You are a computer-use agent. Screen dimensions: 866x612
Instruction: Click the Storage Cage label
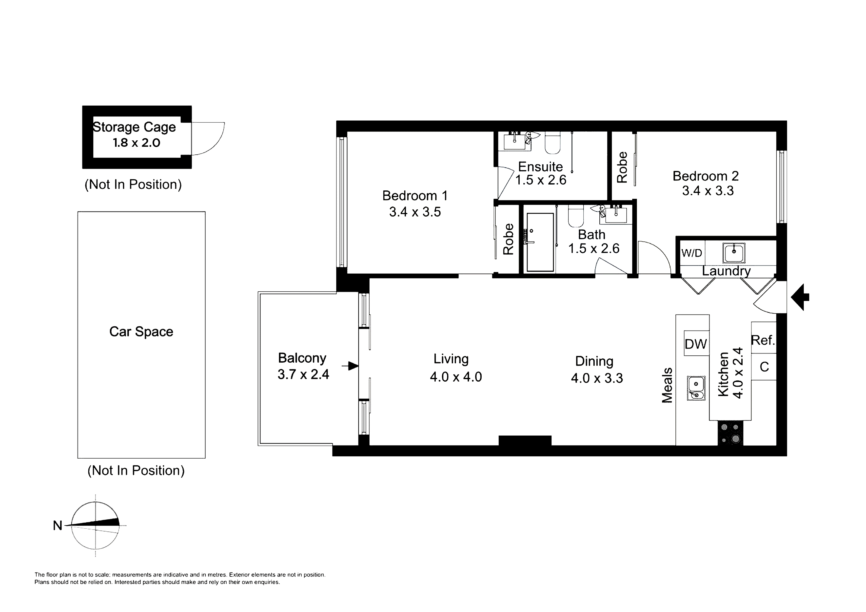click(x=134, y=127)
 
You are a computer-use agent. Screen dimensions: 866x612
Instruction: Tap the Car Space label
click(x=141, y=332)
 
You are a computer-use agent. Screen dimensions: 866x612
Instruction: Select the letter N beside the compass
click(x=57, y=525)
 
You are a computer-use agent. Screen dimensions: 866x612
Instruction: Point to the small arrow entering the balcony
click(x=350, y=366)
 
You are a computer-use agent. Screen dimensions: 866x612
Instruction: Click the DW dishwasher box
click(x=696, y=343)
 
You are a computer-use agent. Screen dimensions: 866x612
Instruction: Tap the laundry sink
click(x=734, y=253)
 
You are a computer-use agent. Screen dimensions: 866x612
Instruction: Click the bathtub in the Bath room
click(x=540, y=242)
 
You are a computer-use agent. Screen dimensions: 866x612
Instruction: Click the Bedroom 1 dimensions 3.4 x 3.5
click(x=415, y=212)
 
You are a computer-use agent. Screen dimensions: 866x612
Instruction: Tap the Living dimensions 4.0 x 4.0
click(x=456, y=377)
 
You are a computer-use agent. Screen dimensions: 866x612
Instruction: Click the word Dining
click(x=594, y=361)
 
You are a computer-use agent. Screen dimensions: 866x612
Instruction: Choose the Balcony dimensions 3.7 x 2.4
click(x=303, y=374)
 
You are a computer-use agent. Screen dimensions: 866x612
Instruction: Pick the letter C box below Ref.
click(x=764, y=366)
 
